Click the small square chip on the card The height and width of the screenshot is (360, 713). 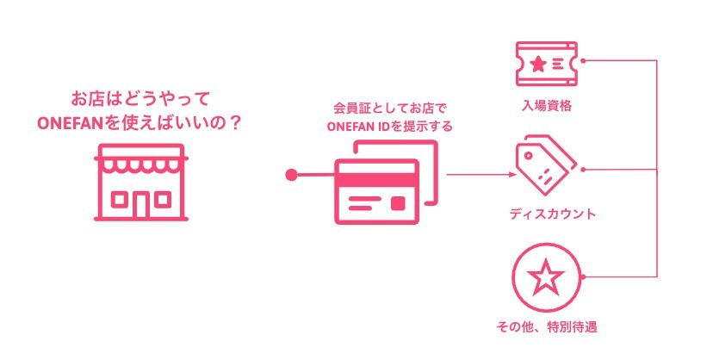tap(397, 202)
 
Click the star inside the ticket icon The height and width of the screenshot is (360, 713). tap(538, 63)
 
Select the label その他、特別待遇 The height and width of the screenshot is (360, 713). tap(548, 326)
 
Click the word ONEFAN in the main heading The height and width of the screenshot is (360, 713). tap(70, 122)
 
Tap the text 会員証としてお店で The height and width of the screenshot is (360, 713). tap(379, 109)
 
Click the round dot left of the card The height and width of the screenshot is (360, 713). tap(291, 175)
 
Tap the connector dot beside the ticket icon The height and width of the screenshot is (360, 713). tap(583, 62)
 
